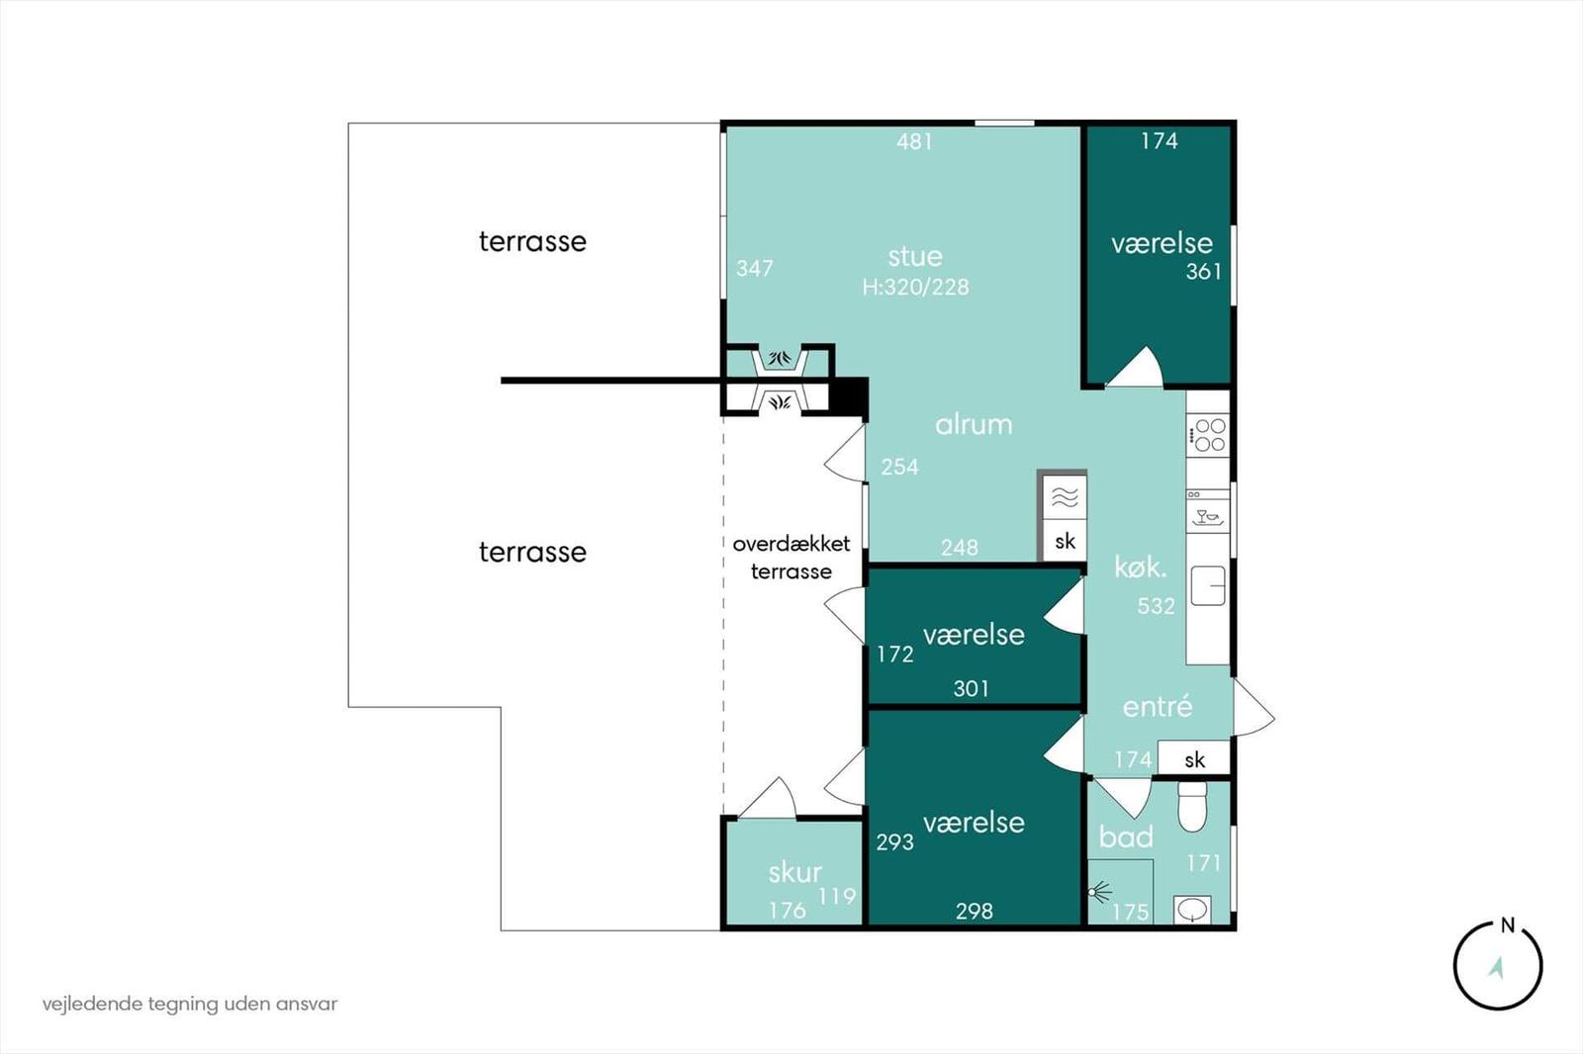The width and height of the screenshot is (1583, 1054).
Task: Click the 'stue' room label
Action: (x=915, y=256)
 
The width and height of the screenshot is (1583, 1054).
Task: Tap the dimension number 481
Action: (x=914, y=141)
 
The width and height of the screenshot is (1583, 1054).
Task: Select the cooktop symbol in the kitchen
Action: (x=1208, y=435)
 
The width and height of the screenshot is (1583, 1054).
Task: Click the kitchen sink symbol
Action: (x=1208, y=585)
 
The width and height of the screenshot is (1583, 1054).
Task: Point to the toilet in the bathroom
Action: (x=1192, y=807)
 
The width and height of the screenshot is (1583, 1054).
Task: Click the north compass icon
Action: (x=1498, y=966)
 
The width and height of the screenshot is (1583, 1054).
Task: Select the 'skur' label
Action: (x=794, y=872)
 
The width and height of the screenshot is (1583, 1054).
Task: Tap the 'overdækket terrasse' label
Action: (x=791, y=557)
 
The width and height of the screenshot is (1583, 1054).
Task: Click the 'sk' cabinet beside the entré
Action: (x=1195, y=759)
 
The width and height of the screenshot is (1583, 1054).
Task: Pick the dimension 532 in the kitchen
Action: (x=1156, y=606)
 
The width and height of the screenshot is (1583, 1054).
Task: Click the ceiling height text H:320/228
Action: (x=915, y=287)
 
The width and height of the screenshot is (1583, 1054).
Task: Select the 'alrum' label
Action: (x=974, y=424)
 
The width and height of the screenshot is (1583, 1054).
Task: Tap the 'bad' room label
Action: (x=1126, y=836)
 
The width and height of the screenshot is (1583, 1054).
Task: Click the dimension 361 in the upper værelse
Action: (x=1204, y=271)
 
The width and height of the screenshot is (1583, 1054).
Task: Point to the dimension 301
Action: (x=971, y=688)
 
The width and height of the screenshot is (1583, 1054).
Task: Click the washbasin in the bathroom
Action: (x=1193, y=909)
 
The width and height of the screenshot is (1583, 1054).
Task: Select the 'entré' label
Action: (x=1158, y=706)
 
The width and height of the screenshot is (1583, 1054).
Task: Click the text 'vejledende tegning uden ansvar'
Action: (x=190, y=1004)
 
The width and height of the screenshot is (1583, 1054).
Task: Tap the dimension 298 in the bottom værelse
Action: (x=974, y=911)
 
